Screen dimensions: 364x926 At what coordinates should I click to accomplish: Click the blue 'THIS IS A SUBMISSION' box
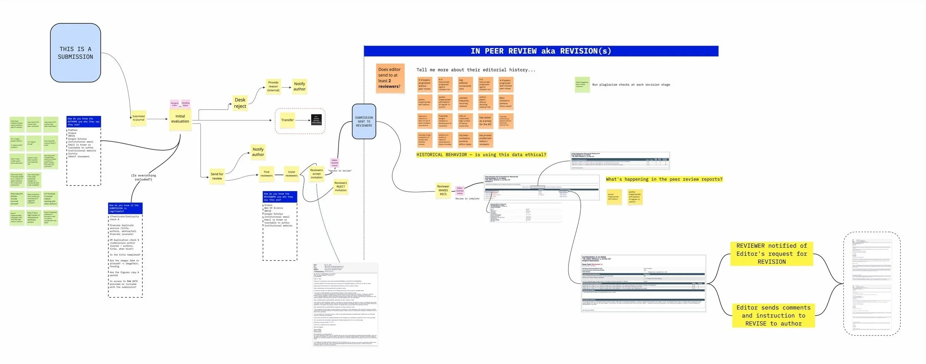75,53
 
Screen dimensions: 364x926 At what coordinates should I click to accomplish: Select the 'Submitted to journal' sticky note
139,118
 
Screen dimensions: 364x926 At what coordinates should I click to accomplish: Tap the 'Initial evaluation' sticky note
180,119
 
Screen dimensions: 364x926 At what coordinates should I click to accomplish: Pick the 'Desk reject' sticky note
240,103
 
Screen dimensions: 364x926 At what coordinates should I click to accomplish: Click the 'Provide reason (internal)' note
273,86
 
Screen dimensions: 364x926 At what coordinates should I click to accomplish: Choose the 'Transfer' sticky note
287,120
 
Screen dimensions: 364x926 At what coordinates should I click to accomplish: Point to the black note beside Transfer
316,120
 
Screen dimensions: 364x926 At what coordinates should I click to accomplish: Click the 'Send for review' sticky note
217,176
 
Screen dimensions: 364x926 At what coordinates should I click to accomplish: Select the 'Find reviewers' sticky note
266,174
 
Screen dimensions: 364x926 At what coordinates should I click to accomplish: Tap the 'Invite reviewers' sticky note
292,174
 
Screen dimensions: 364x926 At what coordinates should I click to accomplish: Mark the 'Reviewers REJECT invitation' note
341,186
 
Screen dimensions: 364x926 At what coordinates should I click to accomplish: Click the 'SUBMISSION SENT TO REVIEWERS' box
364,121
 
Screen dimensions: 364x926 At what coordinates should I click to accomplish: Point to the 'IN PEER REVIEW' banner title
541,51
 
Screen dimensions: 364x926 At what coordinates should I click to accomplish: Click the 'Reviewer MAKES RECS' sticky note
443,190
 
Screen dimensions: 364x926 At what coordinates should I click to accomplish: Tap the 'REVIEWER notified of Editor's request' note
772,254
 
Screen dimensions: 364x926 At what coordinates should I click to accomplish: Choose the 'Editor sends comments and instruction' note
773,315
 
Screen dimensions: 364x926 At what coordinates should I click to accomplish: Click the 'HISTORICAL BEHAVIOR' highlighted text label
481,155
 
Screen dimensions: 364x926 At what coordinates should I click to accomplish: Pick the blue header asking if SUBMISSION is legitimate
125,208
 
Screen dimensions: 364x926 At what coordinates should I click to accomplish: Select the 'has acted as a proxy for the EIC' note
485,121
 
